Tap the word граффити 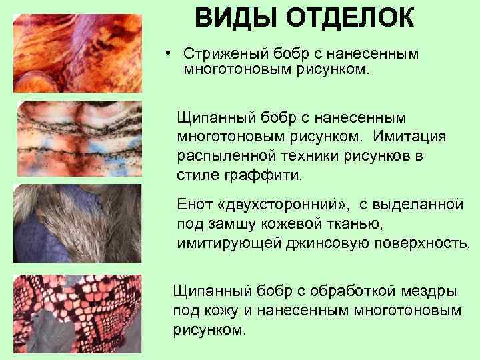pos(268,175)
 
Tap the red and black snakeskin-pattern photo pos(79,313)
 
